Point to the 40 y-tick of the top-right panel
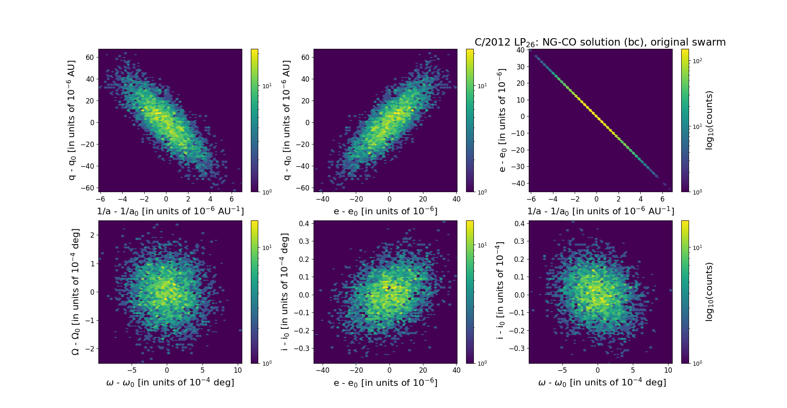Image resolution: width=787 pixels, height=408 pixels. point(521,50)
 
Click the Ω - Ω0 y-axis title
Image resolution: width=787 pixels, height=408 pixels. point(75,292)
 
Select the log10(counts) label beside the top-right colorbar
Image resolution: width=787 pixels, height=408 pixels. point(709,120)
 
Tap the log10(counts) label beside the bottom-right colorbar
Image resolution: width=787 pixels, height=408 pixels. point(709,292)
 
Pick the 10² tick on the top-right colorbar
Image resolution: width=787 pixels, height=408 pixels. point(697,61)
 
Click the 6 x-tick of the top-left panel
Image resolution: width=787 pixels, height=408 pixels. point(232,199)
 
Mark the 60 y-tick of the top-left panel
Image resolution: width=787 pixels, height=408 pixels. point(90,57)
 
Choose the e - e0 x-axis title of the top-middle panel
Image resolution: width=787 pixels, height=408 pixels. point(385,211)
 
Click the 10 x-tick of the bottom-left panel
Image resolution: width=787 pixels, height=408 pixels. point(238,370)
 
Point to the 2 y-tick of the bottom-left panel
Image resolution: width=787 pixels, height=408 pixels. point(92,235)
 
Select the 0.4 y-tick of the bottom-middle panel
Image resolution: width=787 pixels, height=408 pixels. point(304,224)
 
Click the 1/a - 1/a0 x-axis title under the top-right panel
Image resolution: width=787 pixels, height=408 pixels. point(600,211)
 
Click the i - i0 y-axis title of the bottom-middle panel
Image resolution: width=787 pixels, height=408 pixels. point(285,292)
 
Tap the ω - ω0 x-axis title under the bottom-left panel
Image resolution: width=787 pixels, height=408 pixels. point(170,383)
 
